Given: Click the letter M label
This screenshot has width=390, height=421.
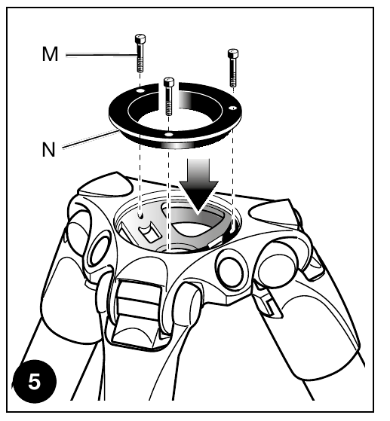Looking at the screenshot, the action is pyautogui.click(x=50, y=54).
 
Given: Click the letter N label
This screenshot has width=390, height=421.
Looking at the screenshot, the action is pyautogui.click(x=49, y=149).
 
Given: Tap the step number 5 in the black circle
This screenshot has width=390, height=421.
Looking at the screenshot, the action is pyautogui.click(x=34, y=382).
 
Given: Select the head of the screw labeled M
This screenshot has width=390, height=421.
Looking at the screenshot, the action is pyautogui.click(x=140, y=39).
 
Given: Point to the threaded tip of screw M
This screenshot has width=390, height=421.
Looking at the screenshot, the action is pyautogui.click(x=140, y=65).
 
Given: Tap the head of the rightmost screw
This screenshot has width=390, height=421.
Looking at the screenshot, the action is pyautogui.click(x=233, y=53).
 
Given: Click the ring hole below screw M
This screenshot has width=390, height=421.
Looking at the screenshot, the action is pyautogui.click(x=140, y=91).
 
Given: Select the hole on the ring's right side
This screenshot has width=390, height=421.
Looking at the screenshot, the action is pyautogui.click(x=233, y=108).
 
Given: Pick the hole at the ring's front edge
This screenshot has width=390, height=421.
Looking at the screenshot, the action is pyautogui.click(x=169, y=134).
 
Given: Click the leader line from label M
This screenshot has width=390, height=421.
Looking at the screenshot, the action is pyautogui.click(x=102, y=55).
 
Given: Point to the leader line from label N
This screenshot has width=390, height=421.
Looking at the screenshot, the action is pyautogui.click(x=90, y=139).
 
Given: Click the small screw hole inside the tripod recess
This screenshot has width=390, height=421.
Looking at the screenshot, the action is pyautogui.click(x=140, y=215).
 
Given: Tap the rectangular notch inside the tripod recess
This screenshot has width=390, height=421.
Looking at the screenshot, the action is pyautogui.click(x=149, y=232).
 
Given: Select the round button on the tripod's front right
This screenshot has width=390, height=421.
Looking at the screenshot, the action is pyautogui.click(x=232, y=271).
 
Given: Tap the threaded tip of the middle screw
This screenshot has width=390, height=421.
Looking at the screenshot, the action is pyautogui.click(x=169, y=108).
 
